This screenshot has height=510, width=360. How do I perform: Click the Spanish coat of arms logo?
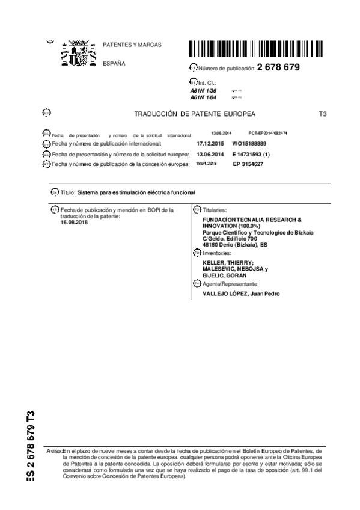[x=76, y=54]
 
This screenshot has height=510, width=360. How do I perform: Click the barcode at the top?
[x=243, y=49]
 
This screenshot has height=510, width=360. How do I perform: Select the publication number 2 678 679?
[x=278, y=67]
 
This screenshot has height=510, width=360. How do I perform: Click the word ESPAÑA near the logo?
[x=114, y=63]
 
